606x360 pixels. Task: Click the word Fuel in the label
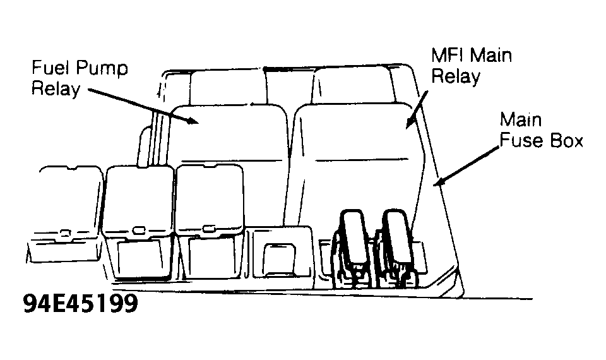[50, 68]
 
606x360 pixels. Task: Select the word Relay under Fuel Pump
[56, 89]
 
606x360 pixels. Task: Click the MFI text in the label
[447, 56]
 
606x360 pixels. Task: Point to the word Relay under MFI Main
[456, 76]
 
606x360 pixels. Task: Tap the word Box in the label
[567, 140]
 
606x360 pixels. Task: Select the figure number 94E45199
[80, 304]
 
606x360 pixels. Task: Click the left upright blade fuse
[352, 238]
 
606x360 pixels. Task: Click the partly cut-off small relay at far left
[66, 215]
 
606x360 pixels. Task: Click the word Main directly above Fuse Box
[521, 120]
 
